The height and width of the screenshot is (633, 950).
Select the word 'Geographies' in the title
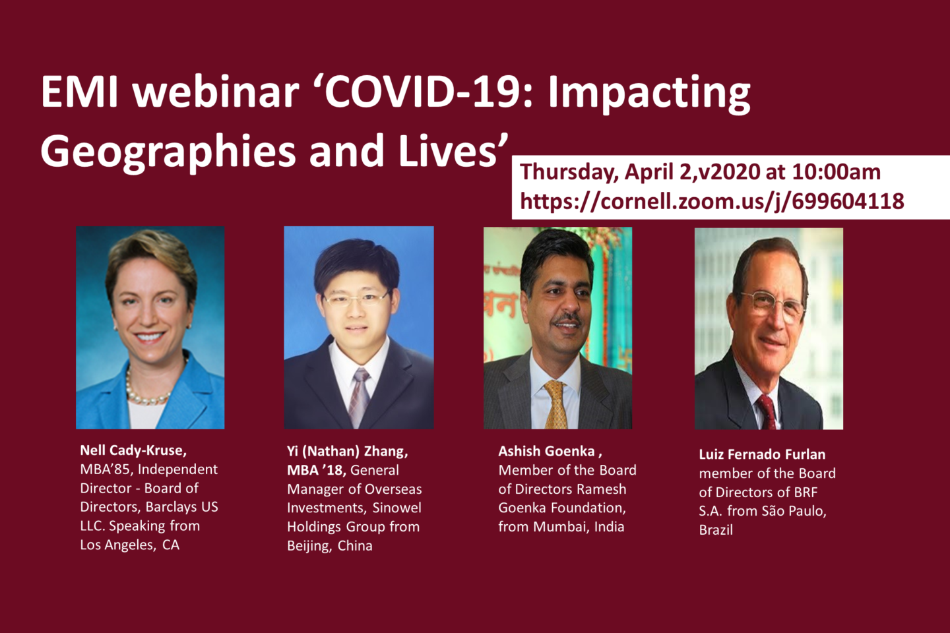(168, 151)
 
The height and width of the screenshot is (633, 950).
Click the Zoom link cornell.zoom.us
(712, 200)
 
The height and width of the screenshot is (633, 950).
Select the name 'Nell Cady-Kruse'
(133, 450)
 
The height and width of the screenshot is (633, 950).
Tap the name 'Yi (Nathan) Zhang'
(347, 451)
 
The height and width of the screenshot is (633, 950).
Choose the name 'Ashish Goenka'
(546, 451)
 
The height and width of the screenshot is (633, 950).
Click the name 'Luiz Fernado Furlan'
(762, 454)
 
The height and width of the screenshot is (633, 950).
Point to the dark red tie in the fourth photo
(767, 411)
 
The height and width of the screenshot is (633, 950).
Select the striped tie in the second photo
(359, 396)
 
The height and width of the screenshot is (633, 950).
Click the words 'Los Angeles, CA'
(129, 545)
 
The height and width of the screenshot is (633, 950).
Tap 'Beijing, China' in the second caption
(329, 546)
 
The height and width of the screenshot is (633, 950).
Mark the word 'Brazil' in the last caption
(716, 529)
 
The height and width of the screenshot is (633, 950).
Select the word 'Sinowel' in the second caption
(396, 508)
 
